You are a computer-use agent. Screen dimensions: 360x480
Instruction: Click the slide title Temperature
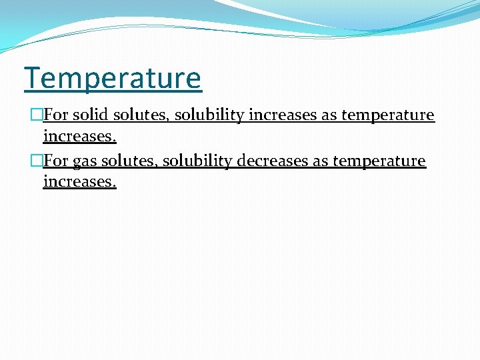(113, 79)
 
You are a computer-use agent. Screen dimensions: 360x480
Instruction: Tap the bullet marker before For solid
(37, 115)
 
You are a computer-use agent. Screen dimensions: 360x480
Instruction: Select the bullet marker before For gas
(37, 161)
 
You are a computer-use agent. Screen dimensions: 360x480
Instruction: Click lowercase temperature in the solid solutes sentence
(387, 115)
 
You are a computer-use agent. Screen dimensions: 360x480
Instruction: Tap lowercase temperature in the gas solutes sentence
(379, 161)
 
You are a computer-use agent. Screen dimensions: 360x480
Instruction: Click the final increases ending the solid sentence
(79, 137)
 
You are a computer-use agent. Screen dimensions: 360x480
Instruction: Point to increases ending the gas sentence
(79, 182)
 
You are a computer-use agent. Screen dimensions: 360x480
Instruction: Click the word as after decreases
(320, 161)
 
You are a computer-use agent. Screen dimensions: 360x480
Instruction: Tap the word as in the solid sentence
(329, 115)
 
